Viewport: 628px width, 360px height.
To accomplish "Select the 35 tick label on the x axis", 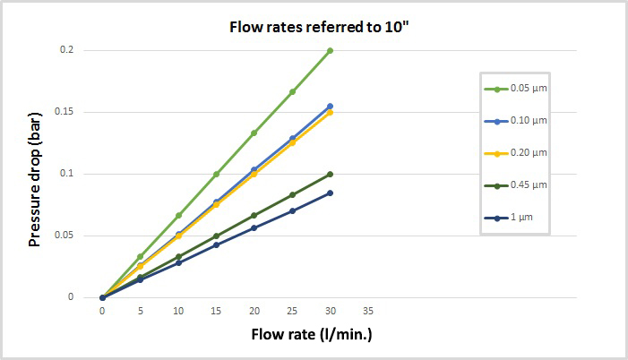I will (368, 312).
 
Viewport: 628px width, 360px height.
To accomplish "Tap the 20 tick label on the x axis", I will (254, 312).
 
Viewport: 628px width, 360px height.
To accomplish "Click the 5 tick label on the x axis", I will (141, 312).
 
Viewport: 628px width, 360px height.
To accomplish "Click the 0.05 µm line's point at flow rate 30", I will (331, 50).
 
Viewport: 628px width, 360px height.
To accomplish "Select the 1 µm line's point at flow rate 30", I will (331, 193).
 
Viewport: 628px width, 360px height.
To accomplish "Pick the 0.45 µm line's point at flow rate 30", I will (331, 174).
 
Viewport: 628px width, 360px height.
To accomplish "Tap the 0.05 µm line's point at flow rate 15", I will (217, 174).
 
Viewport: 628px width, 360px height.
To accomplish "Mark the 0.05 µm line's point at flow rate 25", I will (293, 91).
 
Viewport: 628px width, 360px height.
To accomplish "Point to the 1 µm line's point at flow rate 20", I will (254, 227).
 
